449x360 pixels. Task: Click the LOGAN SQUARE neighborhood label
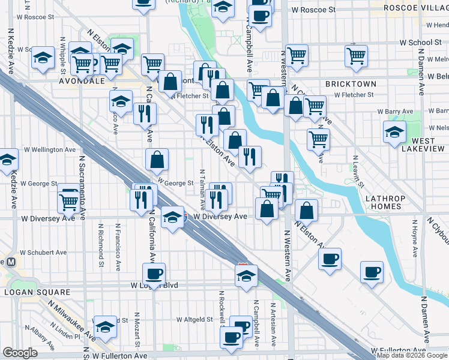click(x=34, y=292)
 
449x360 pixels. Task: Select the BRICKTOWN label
click(x=351, y=84)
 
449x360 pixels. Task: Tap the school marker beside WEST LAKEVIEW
click(x=394, y=132)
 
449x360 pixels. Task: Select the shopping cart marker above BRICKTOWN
click(x=357, y=56)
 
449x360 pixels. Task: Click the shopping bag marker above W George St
click(x=157, y=160)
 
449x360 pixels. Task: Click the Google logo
click(x=20, y=353)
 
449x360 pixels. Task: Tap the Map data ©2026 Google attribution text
click(x=411, y=355)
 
